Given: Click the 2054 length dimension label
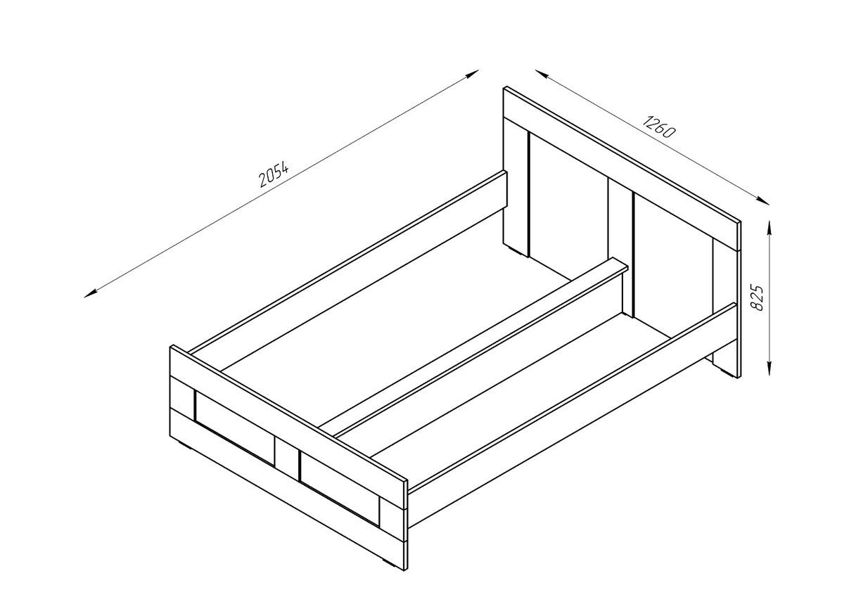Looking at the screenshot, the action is (274, 175).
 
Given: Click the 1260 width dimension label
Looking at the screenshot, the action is (659, 127).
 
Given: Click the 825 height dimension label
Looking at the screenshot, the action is (757, 297).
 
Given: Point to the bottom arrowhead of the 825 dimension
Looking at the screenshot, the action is (769, 367).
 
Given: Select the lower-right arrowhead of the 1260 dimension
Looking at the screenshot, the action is (762, 200).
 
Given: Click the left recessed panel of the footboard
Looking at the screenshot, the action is (235, 428).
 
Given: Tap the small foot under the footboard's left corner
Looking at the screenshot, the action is (182, 448).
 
